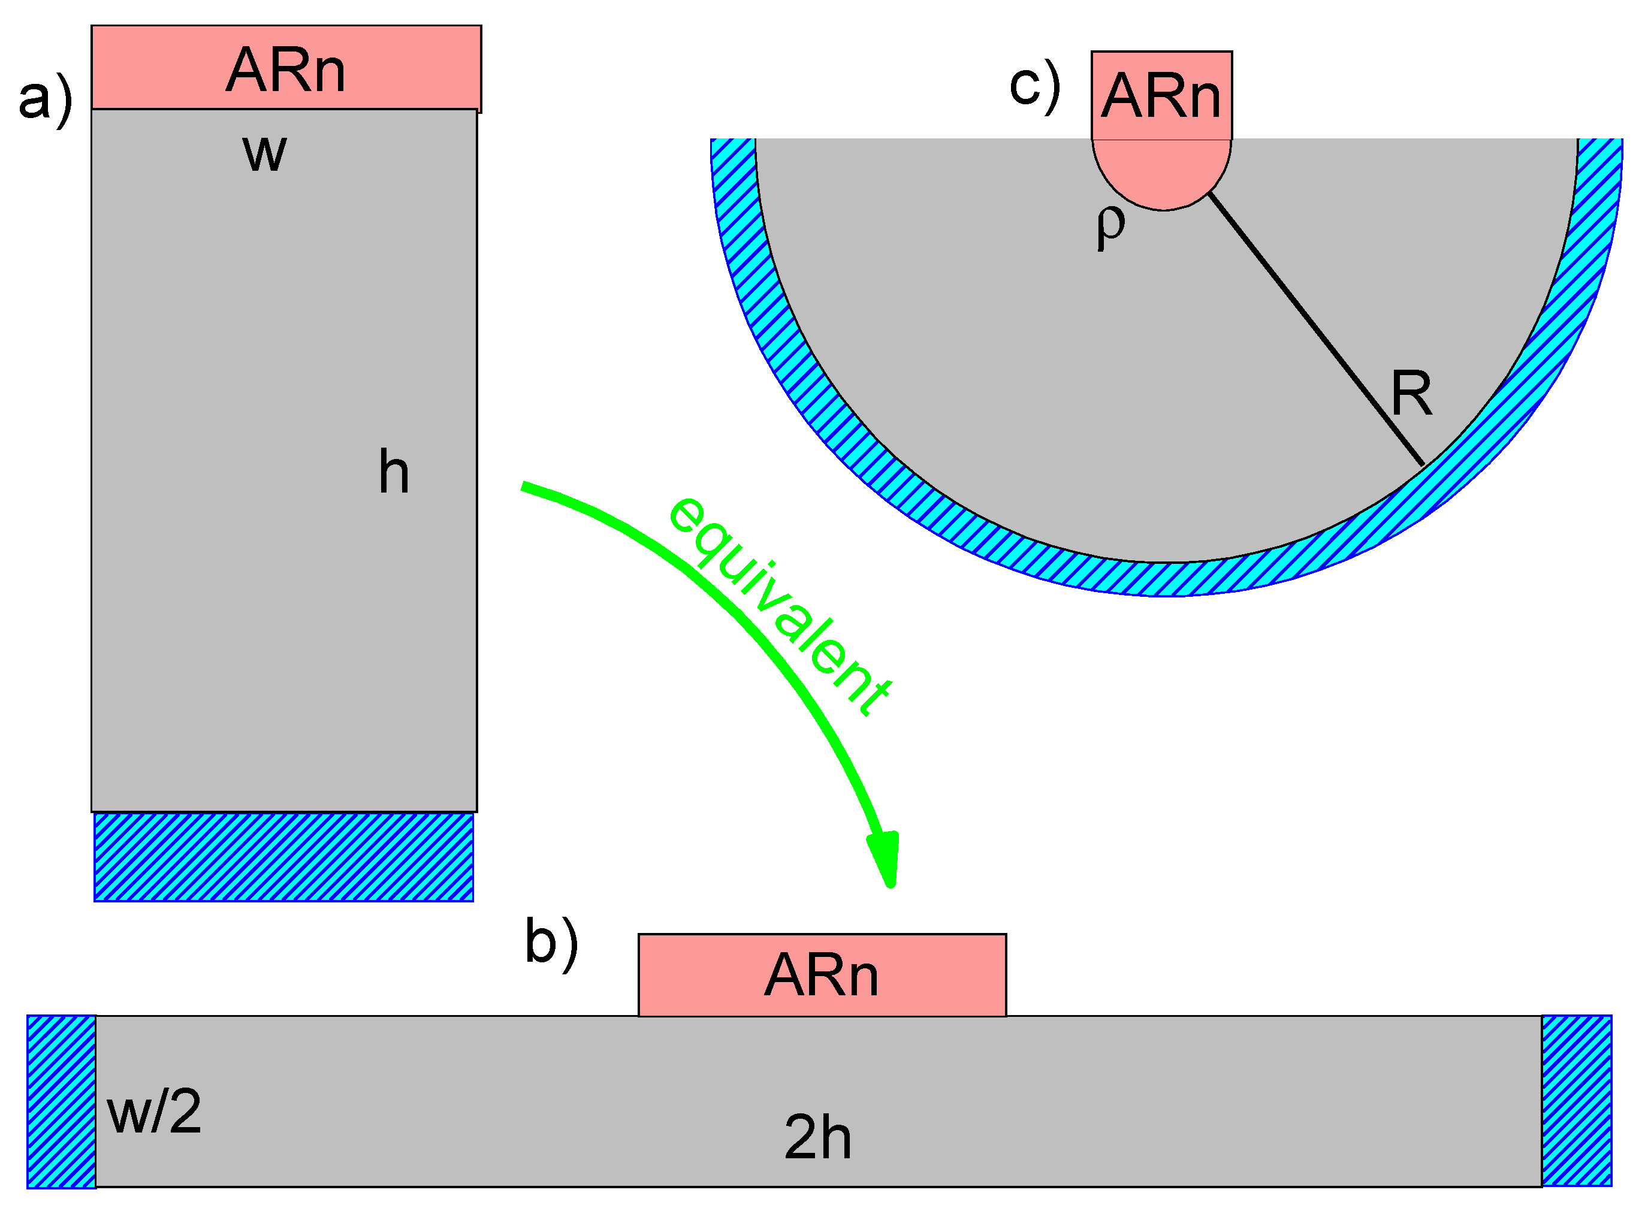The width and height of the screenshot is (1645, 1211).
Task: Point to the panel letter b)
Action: tap(551, 943)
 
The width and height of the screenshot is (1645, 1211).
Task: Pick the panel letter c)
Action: tap(1034, 86)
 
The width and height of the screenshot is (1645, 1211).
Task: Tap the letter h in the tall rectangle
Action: tap(394, 473)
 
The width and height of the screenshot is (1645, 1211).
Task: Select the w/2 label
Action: tap(154, 1113)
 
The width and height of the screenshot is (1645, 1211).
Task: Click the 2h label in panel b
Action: tap(817, 1138)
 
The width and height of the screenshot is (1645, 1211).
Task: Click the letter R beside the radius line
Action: tap(1411, 394)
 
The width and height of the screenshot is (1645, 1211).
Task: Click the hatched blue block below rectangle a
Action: tap(283, 857)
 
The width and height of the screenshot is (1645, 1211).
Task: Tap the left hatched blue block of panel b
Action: tap(62, 1101)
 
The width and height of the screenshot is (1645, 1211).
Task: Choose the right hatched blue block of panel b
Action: tap(1576, 1101)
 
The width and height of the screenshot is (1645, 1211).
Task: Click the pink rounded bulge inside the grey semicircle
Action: tap(1162, 172)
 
